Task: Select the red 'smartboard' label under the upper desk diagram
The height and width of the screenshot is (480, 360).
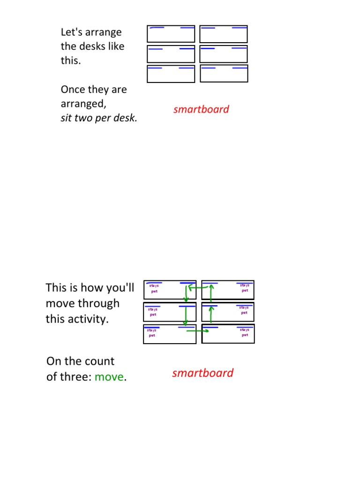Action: tap(201, 109)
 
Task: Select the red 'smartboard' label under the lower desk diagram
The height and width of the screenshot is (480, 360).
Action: tap(202, 373)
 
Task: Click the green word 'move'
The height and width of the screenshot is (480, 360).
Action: tap(109, 377)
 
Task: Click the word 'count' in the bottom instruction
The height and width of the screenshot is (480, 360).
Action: tap(102, 361)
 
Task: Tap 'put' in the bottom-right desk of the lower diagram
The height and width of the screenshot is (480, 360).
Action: tap(245, 335)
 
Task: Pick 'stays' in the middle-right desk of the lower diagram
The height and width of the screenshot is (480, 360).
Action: tap(244, 307)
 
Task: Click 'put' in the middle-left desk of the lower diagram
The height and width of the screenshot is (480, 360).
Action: tap(153, 315)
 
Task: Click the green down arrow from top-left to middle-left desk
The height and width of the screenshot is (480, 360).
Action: tap(186, 292)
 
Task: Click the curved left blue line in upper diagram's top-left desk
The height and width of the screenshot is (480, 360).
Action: tap(157, 28)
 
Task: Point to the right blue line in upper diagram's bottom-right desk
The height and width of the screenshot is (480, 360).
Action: tap(240, 68)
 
